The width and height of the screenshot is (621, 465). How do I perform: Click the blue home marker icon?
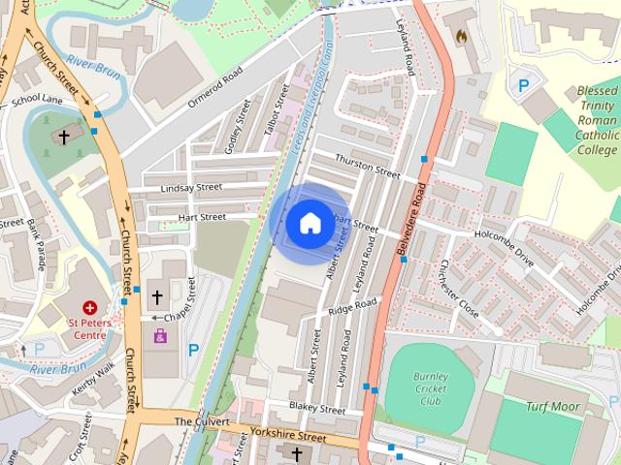point(309,223)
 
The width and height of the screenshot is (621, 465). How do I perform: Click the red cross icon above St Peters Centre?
point(90,305)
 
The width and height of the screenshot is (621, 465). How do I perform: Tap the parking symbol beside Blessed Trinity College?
point(523,85)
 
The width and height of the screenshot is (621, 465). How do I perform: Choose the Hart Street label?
point(202,217)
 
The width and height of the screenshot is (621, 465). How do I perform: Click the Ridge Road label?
point(351,306)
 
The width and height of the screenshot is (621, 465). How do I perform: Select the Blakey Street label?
point(317,409)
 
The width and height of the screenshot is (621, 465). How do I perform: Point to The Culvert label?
point(202,421)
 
